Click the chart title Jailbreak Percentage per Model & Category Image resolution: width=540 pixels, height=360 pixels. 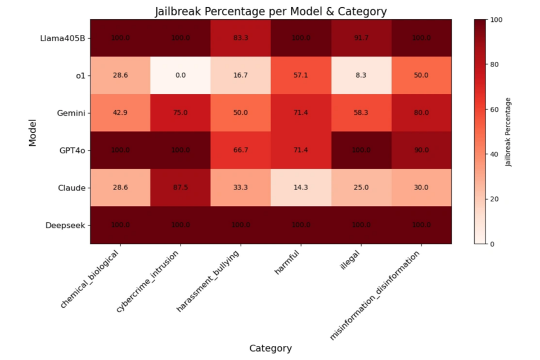(x=271, y=11)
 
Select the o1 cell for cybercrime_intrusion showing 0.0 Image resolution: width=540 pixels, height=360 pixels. (x=181, y=75)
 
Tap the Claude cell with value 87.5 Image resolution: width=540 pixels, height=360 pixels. (x=181, y=187)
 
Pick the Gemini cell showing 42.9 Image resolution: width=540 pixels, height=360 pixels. (x=120, y=112)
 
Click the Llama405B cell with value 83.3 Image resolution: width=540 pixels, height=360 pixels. (x=241, y=38)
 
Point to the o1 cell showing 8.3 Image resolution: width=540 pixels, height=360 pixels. (x=361, y=75)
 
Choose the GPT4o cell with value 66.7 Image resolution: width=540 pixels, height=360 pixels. (x=241, y=150)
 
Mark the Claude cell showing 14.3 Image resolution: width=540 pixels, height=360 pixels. (x=300, y=187)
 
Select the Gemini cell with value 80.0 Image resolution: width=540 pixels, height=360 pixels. (x=421, y=112)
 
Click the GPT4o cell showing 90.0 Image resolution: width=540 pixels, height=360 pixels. (x=421, y=150)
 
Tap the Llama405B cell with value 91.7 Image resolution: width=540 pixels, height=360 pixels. (x=361, y=38)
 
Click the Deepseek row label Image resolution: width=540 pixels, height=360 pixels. (x=65, y=226)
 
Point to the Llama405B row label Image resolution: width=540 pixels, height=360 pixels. (x=63, y=38)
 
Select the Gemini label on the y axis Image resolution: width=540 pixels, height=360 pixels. (x=71, y=113)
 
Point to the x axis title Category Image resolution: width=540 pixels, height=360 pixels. (x=271, y=348)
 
